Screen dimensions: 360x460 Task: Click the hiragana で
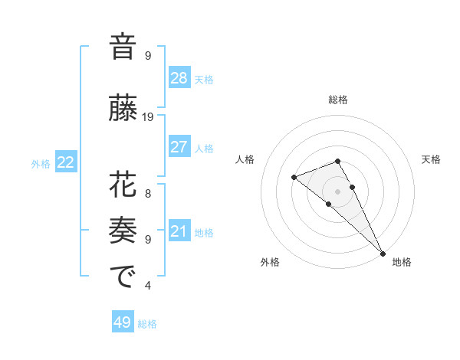coord(123,277)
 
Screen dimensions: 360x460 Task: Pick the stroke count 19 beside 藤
coord(148,117)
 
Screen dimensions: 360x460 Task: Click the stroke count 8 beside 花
coord(148,193)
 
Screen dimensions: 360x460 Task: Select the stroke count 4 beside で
coord(148,286)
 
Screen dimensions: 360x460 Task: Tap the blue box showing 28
coord(179,78)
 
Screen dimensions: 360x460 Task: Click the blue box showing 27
coord(179,147)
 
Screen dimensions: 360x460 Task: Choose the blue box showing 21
coord(179,231)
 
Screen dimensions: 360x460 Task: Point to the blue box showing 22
coord(66,162)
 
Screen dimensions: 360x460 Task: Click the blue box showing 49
coord(123,322)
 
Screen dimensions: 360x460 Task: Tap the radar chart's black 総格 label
coord(338,100)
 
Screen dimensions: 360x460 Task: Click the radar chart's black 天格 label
coord(431,159)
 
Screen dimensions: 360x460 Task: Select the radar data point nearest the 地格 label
coord(383,252)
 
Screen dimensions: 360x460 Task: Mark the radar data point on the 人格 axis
coord(294,178)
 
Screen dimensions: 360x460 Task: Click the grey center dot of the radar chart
coord(337,191)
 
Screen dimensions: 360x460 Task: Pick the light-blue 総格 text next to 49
coord(147,324)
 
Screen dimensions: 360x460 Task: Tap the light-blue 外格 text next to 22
coord(41,164)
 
